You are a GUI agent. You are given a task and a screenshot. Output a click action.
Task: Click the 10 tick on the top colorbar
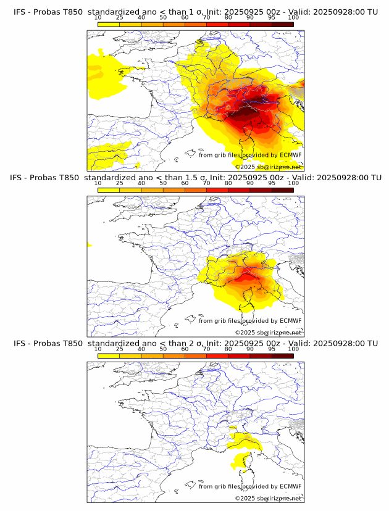pyautogui.click(x=98, y=18)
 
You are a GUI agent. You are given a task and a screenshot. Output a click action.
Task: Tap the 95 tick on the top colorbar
pyautogui.click(x=272, y=18)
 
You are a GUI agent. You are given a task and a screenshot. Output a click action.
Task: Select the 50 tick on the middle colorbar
pyautogui.click(x=163, y=183)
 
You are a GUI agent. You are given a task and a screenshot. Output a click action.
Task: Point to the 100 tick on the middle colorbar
pyautogui.click(x=293, y=183)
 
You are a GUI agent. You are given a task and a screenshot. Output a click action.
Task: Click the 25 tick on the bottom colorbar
pyautogui.click(x=120, y=349)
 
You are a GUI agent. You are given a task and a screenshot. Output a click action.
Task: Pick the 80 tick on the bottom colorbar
pyautogui.click(x=228, y=349)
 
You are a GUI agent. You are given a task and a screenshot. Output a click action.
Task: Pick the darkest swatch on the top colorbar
pyautogui.click(x=283, y=24)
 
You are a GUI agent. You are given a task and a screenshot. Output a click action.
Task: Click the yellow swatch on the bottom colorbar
pyautogui.click(x=109, y=355)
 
